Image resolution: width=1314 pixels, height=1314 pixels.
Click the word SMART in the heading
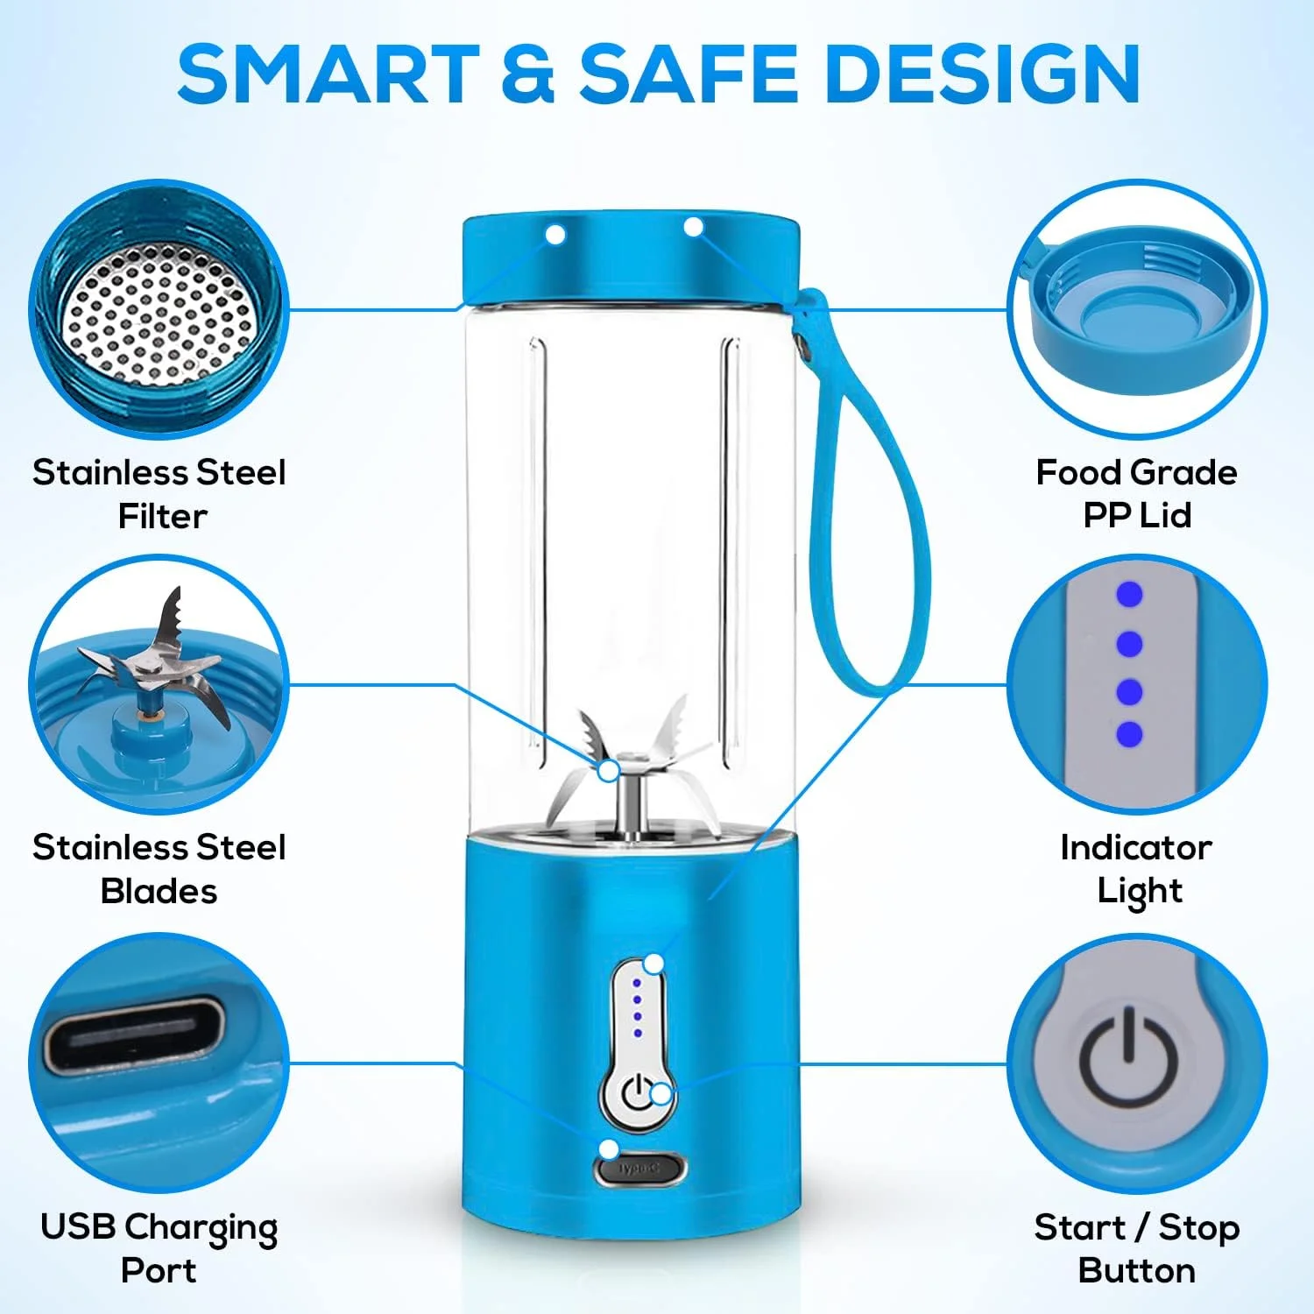328,74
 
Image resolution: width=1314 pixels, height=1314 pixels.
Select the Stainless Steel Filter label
159,493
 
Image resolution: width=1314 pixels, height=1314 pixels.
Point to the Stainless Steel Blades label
159,868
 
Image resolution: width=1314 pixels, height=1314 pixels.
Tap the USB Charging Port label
159,1247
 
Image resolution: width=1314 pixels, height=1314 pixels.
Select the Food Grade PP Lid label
1136,493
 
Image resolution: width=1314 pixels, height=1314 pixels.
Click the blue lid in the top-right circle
1139,311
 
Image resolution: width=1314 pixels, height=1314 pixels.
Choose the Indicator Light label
1136,868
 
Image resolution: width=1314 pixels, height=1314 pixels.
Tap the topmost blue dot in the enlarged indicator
1129,595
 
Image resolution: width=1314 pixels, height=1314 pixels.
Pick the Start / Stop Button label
1136,1247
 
